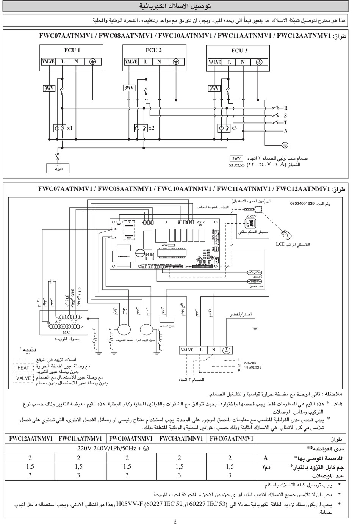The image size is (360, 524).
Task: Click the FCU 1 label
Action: point(72,50)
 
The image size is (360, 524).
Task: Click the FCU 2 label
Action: point(154,50)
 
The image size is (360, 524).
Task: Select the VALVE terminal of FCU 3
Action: point(215,62)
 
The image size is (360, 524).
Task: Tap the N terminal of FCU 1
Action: point(76,61)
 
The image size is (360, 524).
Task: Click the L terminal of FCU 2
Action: point(146,61)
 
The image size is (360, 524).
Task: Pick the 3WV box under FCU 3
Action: point(214,88)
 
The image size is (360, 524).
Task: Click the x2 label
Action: point(152,128)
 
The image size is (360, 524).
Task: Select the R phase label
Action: point(286,108)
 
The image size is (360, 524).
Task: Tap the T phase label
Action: point(286,122)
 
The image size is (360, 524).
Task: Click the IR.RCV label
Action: point(251,216)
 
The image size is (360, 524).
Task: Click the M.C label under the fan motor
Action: point(66,332)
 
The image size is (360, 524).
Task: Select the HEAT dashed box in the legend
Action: point(23,367)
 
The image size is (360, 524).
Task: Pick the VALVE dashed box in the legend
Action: point(23,378)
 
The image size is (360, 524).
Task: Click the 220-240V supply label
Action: point(250,363)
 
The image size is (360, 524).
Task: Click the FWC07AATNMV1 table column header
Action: point(231,439)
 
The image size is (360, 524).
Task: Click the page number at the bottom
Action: point(175,521)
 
